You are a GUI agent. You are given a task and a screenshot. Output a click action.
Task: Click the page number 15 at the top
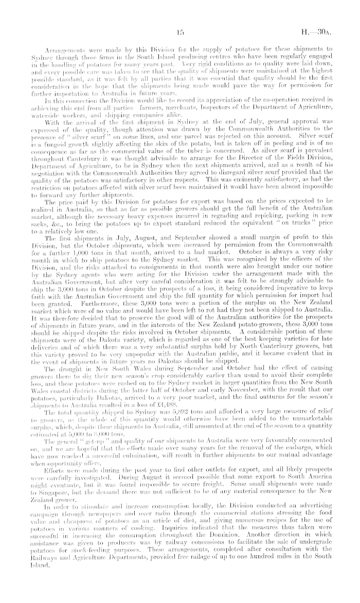click(x=180, y=32)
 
